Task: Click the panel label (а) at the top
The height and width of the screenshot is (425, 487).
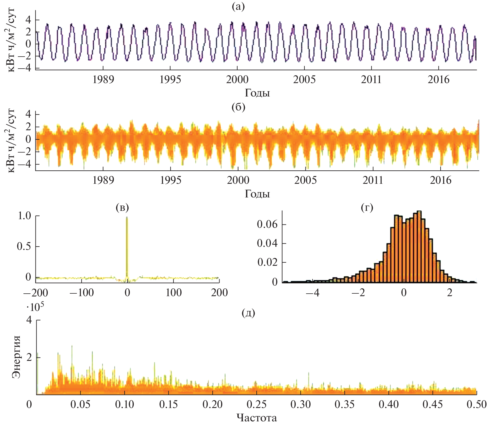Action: [238, 6]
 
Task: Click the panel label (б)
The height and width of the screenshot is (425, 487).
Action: [238, 107]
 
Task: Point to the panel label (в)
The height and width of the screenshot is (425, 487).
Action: [122, 207]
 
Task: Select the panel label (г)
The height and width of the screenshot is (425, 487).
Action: [367, 207]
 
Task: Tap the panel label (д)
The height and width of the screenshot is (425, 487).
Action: [248, 313]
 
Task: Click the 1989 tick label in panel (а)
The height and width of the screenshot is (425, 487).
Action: [103, 80]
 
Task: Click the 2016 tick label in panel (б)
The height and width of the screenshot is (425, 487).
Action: [440, 180]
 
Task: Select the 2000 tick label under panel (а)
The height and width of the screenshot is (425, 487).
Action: [237, 80]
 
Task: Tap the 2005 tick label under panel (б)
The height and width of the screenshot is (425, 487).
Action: [305, 180]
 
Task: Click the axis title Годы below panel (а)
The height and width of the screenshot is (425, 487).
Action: [257, 93]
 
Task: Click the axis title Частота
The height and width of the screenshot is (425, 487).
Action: [257, 418]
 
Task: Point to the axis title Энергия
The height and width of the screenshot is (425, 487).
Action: [16, 357]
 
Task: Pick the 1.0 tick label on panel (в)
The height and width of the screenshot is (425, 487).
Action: [25, 216]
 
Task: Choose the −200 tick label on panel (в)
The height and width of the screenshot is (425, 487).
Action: [36, 293]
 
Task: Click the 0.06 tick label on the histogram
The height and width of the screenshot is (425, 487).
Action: [267, 224]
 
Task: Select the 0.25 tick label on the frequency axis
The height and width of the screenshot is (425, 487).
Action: [256, 404]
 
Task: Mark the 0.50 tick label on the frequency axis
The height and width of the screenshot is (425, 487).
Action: [477, 404]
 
